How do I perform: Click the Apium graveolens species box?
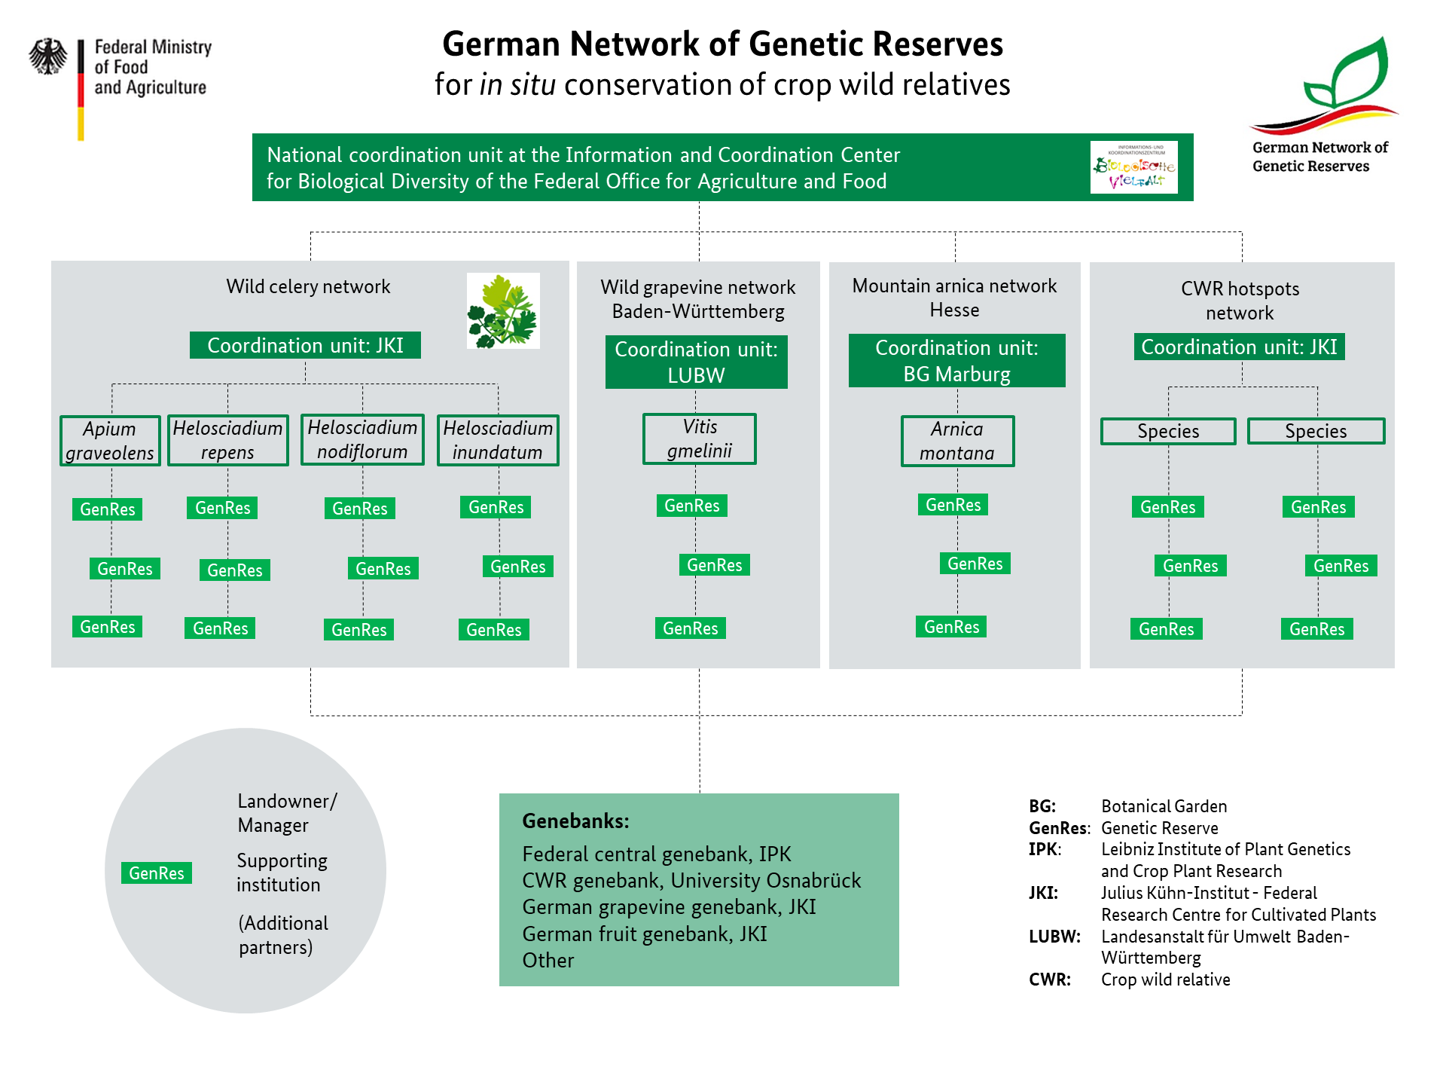[x=110, y=441]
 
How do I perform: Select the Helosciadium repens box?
[x=227, y=440]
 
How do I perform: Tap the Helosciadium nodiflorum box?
[x=362, y=439]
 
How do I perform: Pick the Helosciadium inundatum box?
[x=498, y=440]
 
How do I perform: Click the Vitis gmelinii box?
[x=700, y=439]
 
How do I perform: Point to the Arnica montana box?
[x=957, y=441]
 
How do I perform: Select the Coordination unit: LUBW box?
[x=696, y=362]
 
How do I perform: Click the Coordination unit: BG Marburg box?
[x=956, y=361]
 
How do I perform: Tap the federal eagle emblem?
[x=48, y=57]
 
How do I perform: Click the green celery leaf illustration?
[x=503, y=311]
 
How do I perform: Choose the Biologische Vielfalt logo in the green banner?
[x=1133, y=167]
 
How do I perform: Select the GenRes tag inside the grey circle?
[x=157, y=873]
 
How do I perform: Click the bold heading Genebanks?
[x=575, y=821]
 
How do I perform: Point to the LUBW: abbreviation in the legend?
[x=1054, y=937]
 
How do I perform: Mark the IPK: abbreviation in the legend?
[x=1045, y=849]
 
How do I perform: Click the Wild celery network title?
[x=308, y=286]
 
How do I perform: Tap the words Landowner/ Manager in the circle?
[x=287, y=813]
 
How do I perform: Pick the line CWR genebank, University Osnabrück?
[x=691, y=881]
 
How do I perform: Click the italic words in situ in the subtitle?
[x=517, y=85]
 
